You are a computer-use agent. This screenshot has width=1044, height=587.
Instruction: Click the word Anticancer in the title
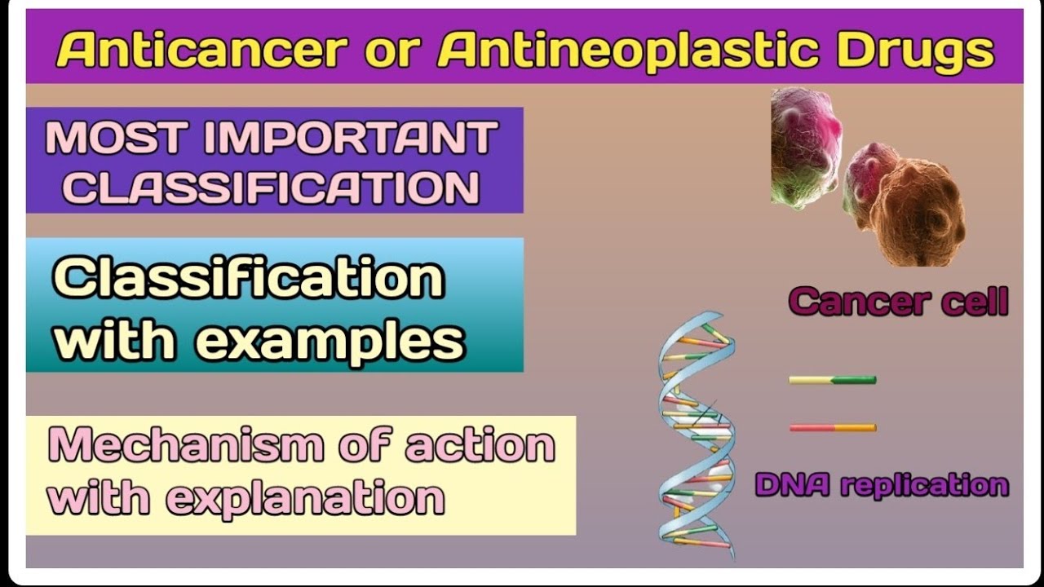(x=199, y=51)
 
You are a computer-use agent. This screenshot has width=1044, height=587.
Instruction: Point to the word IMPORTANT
(x=351, y=138)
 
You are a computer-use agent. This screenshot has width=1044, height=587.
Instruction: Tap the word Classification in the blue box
(x=249, y=280)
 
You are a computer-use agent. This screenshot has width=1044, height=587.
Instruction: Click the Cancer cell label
(x=898, y=302)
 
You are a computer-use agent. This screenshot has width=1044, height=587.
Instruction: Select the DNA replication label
(x=882, y=485)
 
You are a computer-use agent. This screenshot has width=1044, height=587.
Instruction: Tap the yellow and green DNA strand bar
(x=832, y=380)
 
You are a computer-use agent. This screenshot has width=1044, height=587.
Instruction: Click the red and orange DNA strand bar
(x=832, y=427)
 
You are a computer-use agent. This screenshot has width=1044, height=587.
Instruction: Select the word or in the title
(x=388, y=51)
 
